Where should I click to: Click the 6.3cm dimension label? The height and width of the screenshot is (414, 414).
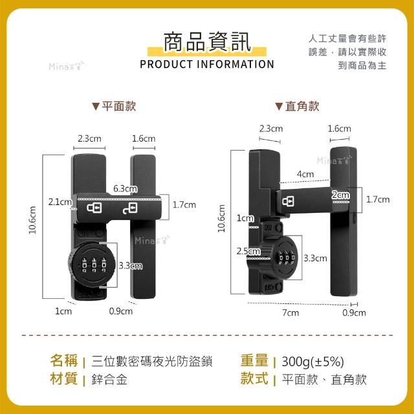pyautogui.click(x=125, y=188)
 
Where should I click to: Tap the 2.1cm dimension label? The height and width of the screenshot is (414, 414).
pyautogui.click(x=60, y=202)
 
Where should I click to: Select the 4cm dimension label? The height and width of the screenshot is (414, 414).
pyautogui.click(x=305, y=174)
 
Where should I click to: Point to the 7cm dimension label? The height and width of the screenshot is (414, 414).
pyautogui.click(x=290, y=312)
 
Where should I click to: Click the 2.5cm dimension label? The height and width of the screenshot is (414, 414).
pyautogui.click(x=248, y=251)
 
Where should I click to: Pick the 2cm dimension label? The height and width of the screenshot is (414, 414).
pyautogui.click(x=341, y=195)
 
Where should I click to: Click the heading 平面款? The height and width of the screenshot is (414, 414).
pyautogui.click(x=119, y=106)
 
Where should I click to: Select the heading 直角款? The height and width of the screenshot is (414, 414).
pyautogui.click(x=302, y=106)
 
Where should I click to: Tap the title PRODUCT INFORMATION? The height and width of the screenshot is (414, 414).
pyautogui.click(x=207, y=64)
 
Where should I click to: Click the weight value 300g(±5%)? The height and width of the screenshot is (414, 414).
pyautogui.click(x=313, y=362)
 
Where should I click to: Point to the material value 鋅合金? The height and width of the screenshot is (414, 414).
pyautogui.click(x=109, y=380)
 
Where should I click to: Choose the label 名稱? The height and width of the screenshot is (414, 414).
pyautogui.click(x=64, y=361)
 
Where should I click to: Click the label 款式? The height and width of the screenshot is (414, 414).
pyautogui.click(x=254, y=378)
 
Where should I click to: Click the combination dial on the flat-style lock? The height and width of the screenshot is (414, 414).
pyautogui.click(x=92, y=265)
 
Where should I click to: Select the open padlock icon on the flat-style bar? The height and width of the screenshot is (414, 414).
pyautogui.click(x=130, y=208)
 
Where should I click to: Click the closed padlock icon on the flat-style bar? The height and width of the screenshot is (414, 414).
pyautogui.click(x=94, y=208)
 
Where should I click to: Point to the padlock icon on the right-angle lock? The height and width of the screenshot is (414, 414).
pyautogui.click(x=288, y=201)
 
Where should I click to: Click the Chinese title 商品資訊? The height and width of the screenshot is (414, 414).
pyautogui.click(x=207, y=41)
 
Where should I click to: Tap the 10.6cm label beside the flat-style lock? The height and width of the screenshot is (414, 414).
pyautogui.click(x=32, y=220)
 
